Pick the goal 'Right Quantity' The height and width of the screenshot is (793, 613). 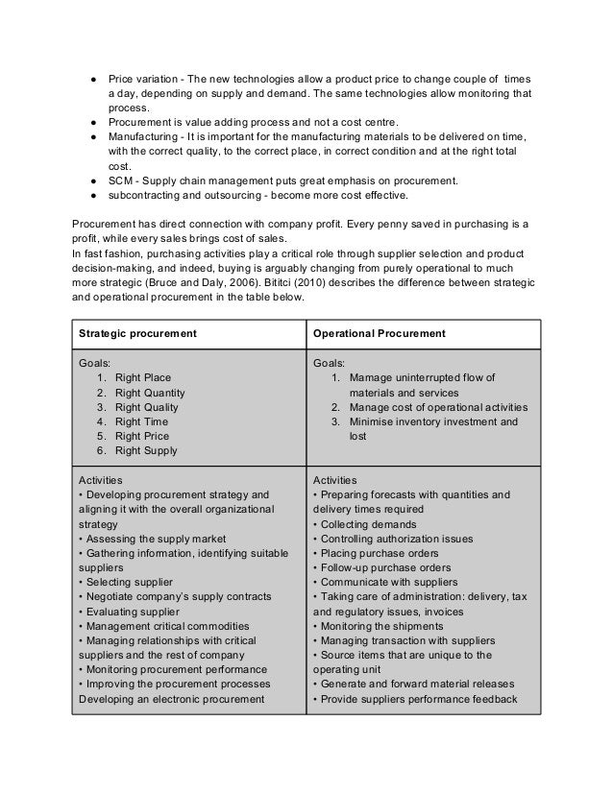(150, 393)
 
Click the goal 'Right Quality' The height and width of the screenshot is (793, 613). (146, 407)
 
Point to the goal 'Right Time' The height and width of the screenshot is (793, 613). (141, 421)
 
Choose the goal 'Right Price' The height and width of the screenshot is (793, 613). (142, 436)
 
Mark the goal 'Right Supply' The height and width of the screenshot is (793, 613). (146, 450)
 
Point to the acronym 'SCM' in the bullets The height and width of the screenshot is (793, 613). (120, 180)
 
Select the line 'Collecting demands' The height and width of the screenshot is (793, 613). (365, 524)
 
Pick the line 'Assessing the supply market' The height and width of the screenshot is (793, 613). (146, 539)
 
